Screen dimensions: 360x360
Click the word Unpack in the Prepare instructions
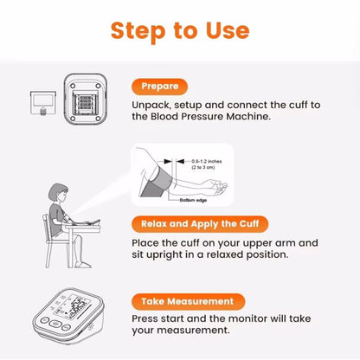[153, 106]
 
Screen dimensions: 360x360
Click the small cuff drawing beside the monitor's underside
[42, 104]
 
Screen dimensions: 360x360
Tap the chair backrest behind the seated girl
[42, 234]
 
